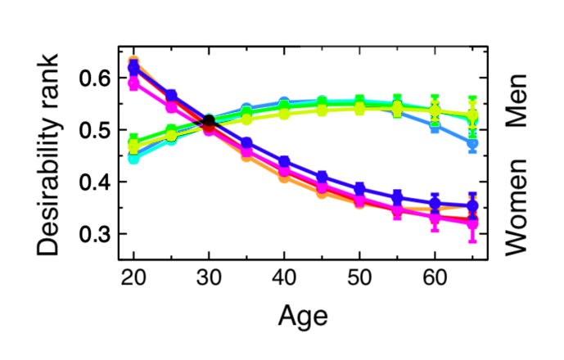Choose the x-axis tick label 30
point(209,275)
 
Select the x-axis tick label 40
point(284,275)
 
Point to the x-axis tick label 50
point(359,275)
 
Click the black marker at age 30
point(209,121)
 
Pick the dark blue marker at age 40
point(284,162)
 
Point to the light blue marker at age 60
point(435,127)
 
